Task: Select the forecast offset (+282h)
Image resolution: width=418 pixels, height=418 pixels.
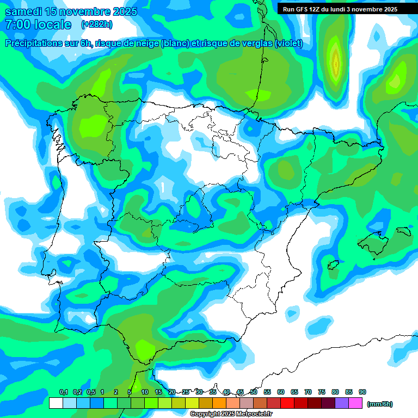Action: [96, 24]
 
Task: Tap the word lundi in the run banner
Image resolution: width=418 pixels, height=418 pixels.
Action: [337, 9]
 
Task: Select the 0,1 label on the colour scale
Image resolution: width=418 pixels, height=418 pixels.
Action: [63, 392]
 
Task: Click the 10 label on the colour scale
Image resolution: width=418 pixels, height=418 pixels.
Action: [145, 392]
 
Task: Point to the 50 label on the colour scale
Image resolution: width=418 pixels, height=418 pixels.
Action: [254, 392]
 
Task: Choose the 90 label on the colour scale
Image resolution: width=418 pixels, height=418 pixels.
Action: [362, 392]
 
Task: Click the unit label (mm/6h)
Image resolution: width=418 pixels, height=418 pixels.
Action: [380, 404]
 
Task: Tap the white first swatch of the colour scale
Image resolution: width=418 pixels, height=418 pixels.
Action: [56, 403]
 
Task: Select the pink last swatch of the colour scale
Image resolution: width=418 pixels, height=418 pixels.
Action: [355, 403]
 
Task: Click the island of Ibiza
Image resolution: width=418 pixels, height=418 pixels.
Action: [334, 266]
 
